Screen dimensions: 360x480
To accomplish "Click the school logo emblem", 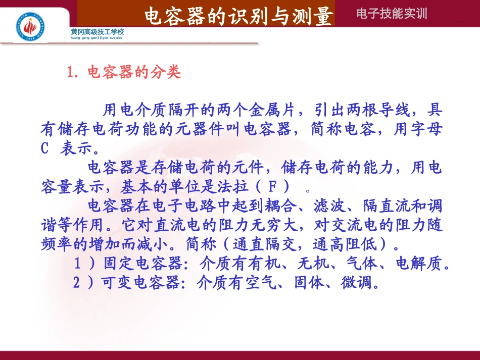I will point(31,26).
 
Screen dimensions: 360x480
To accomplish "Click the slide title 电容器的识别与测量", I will point(239,16).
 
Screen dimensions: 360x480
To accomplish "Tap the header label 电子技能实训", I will point(392,14).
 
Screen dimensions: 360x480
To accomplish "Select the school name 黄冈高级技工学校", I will point(98,32).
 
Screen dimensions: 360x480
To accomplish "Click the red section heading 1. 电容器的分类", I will point(124,73).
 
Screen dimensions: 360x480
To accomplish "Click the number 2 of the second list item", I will point(76,283).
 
